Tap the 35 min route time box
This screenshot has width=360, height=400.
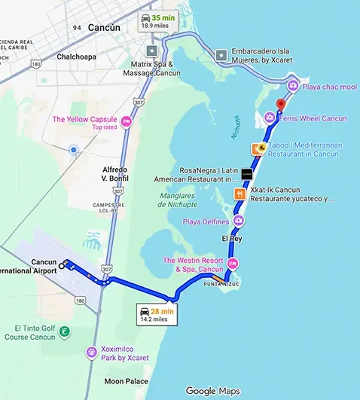coord(157,21)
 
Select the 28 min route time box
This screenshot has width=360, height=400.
coord(157,314)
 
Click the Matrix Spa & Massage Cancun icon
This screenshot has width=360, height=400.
coord(153,51)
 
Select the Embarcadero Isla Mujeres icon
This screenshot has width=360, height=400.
coord(221,56)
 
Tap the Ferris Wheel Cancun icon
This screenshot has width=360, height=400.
coord(269,118)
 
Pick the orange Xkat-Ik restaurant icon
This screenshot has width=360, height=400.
coord(239,194)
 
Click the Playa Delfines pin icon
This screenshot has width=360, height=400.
coord(239,221)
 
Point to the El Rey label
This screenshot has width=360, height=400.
coord(232,238)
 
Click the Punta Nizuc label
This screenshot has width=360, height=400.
coord(220,285)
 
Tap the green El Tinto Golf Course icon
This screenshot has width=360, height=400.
coord(65,332)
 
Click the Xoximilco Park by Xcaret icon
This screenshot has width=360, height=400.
coord(91,352)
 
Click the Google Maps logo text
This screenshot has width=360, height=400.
coord(212,390)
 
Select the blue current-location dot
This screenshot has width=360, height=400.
coord(73,150)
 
